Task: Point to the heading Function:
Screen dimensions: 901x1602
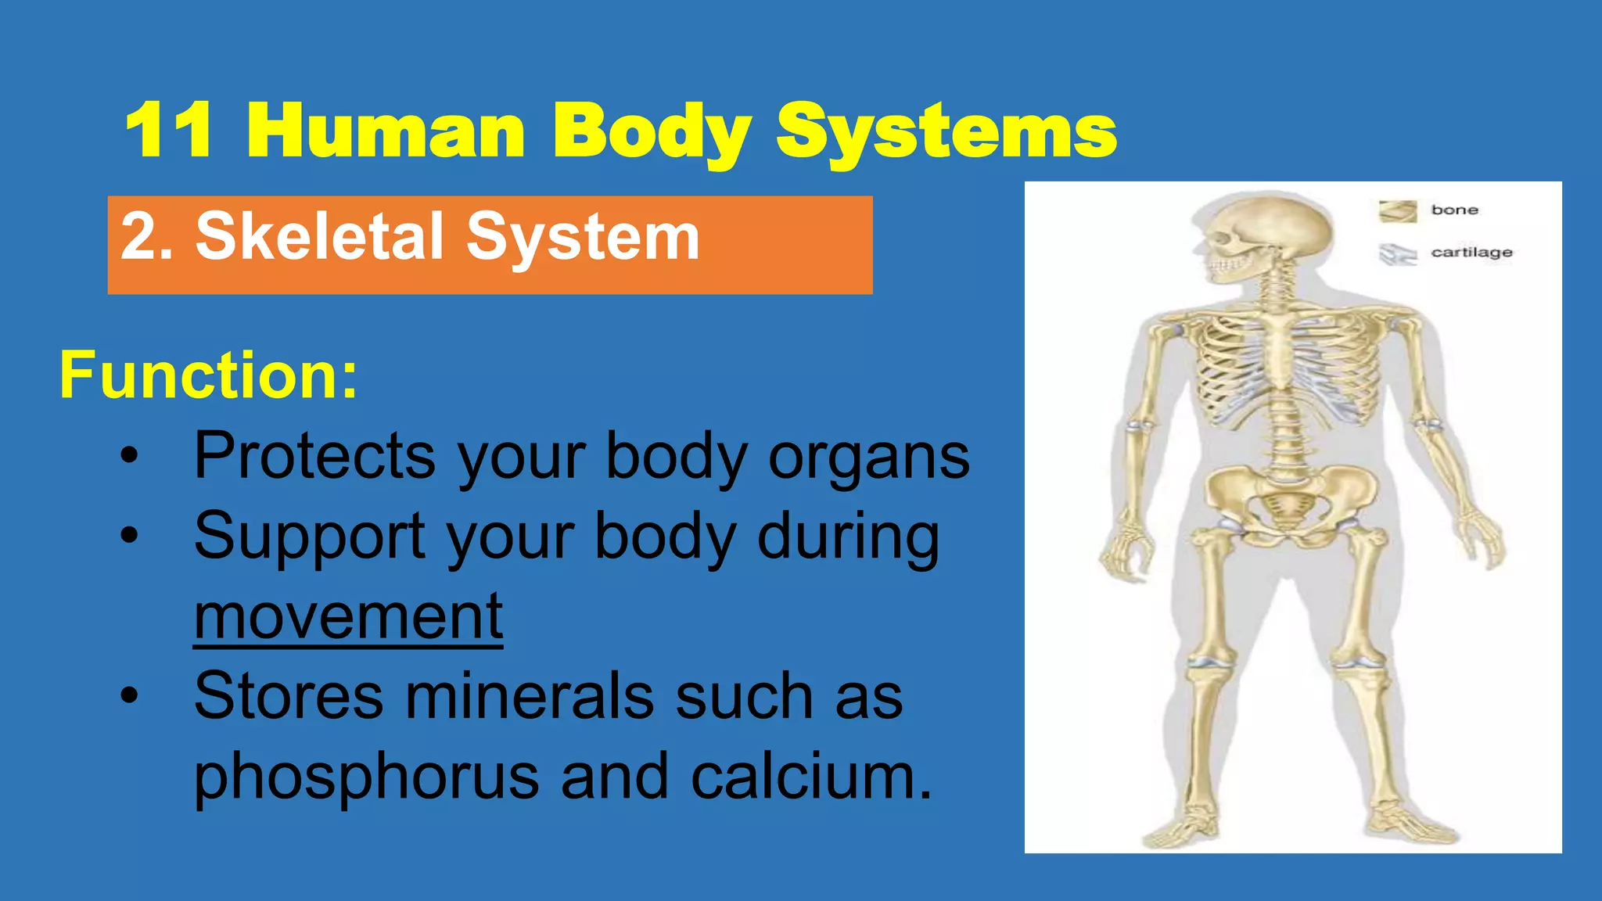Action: pyautogui.click(x=208, y=375)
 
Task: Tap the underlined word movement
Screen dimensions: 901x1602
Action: pyautogui.click(x=348, y=617)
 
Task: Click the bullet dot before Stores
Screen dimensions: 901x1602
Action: pyautogui.click(x=129, y=695)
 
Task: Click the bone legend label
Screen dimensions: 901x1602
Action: pyautogui.click(x=1454, y=210)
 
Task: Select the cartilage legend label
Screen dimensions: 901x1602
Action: pyautogui.click(x=1471, y=252)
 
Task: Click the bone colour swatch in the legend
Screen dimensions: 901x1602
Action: pyautogui.click(x=1397, y=211)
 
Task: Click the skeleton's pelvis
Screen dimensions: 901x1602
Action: pyautogui.click(x=1291, y=497)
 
